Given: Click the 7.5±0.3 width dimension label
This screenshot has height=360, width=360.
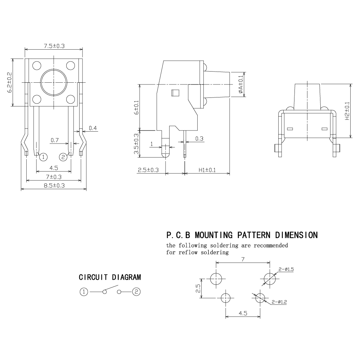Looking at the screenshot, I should coord(54,46).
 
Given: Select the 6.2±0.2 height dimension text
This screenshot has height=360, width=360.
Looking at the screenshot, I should coord(10,83).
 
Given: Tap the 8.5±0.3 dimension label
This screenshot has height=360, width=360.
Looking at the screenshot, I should coord(54,186).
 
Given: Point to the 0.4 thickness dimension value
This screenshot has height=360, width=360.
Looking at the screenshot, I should coord(93,128).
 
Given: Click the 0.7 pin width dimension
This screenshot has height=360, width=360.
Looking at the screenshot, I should coord(55,140).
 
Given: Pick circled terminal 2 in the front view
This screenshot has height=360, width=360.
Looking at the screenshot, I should coord(63,157).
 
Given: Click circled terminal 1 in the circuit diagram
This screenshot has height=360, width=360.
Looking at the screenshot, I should coord(84,292).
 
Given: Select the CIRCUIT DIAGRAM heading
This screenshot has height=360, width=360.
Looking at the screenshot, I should coord(110,277).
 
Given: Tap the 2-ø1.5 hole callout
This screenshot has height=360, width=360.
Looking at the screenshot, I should coord(286,269).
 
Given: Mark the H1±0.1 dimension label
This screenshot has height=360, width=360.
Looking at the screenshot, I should coord(207,170).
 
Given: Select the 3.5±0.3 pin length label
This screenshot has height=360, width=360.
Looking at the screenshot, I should coord(136,144).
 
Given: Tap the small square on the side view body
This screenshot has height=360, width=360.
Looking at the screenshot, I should coord(175,92).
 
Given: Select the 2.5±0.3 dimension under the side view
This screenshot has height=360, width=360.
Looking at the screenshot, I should coord(148,170).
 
